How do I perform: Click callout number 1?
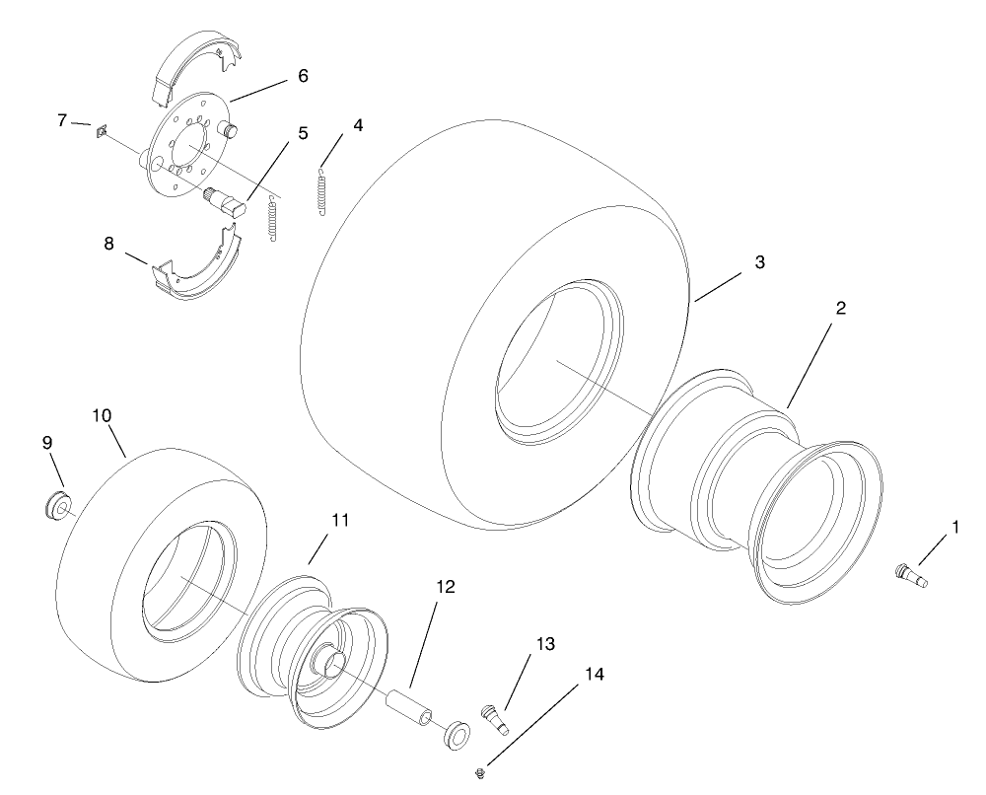[953, 529]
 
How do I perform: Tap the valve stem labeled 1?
[911, 574]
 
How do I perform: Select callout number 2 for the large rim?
[839, 308]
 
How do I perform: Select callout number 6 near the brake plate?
[303, 76]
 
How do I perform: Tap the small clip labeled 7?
[102, 130]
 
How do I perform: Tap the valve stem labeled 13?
[494, 716]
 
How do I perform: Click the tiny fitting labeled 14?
[478, 768]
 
